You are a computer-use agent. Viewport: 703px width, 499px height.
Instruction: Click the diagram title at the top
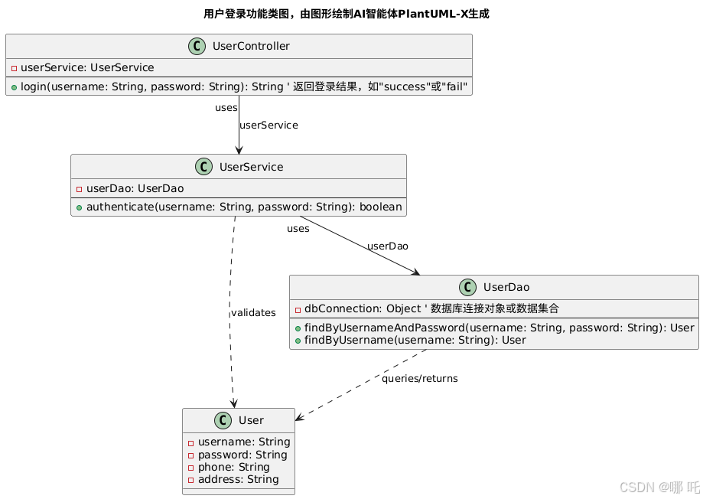(x=346, y=14)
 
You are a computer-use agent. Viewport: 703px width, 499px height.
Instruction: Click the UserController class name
(x=251, y=46)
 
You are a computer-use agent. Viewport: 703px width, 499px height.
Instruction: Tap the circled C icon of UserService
(x=206, y=167)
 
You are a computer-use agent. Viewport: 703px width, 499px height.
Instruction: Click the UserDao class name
(x=506, y=287)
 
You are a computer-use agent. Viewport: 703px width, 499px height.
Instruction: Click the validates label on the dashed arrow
(x=253, y=312)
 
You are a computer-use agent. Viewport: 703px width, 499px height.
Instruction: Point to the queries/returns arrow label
(x=420, y=379)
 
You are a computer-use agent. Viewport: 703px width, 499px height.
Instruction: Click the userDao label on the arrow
(x=388, y=246)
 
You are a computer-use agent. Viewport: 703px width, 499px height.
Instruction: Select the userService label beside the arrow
(x=269, y=125)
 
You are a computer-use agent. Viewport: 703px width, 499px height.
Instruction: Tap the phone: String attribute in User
(x=233, y=467)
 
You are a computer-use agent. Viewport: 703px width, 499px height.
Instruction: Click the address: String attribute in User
(x=238, y=479)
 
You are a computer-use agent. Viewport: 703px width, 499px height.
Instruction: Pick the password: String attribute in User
(x=242, y=455)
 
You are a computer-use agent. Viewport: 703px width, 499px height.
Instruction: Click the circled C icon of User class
(x=225, y=420)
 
